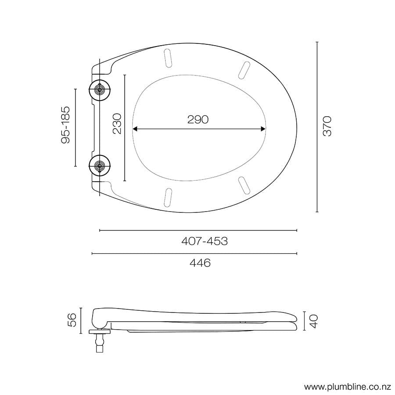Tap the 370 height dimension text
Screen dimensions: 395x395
[327, 126]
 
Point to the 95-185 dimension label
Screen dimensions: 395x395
[66, 125]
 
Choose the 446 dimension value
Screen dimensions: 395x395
[200, 263]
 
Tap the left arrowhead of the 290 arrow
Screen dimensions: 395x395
[135, 129]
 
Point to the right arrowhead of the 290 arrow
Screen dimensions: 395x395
[263, 129]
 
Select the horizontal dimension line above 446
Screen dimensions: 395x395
[194, 253]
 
